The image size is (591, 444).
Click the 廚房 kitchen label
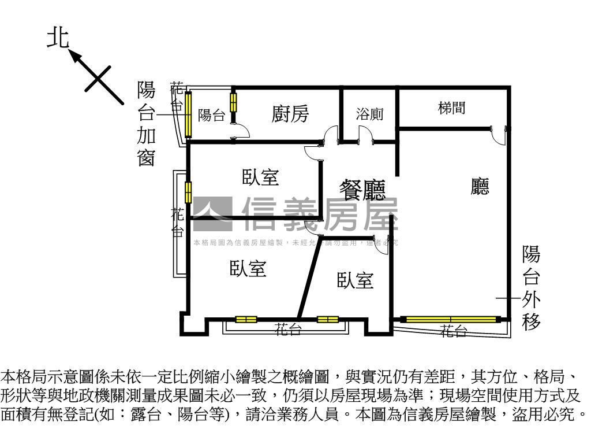coord(290,114)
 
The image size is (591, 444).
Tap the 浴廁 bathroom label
coord(369,114)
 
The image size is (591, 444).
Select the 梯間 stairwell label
coord(451,108)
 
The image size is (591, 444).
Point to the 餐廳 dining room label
coord(362,190)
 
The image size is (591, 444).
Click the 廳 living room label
coord(480,187)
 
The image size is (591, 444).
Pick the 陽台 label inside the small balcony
coord(211,116)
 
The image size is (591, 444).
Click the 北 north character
coord(58,39)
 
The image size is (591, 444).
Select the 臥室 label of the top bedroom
coord(260,177)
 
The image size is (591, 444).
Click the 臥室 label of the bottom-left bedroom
coord(248,268)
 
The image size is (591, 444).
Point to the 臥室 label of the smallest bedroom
coord(355,281)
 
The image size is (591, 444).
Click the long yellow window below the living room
coord(451,319)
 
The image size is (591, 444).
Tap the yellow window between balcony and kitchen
coord(233,102)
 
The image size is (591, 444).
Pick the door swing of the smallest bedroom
coord(383,245)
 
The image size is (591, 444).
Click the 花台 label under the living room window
coord(454,331)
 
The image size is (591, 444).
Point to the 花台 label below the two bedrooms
coord(287,330)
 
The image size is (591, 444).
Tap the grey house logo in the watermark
coord(212,210)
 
